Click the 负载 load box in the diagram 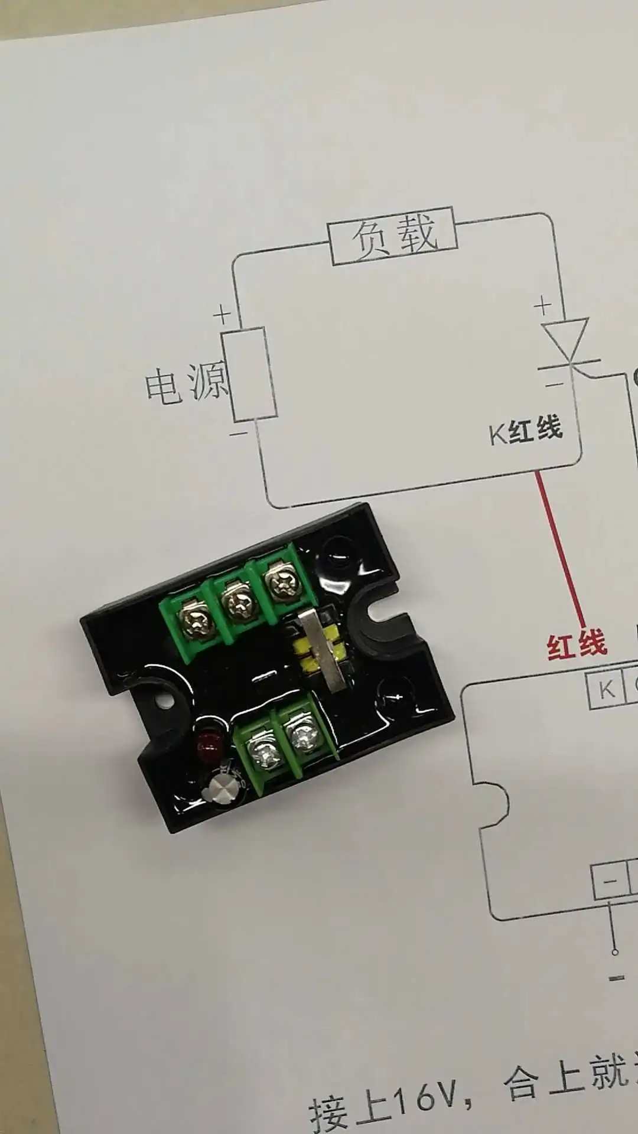[x=393, y=236]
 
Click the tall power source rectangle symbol [x=249, y=376]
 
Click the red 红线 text [x=577, y=644]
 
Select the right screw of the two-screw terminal [x=303, y=736]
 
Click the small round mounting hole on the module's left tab [x=162, y=702]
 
